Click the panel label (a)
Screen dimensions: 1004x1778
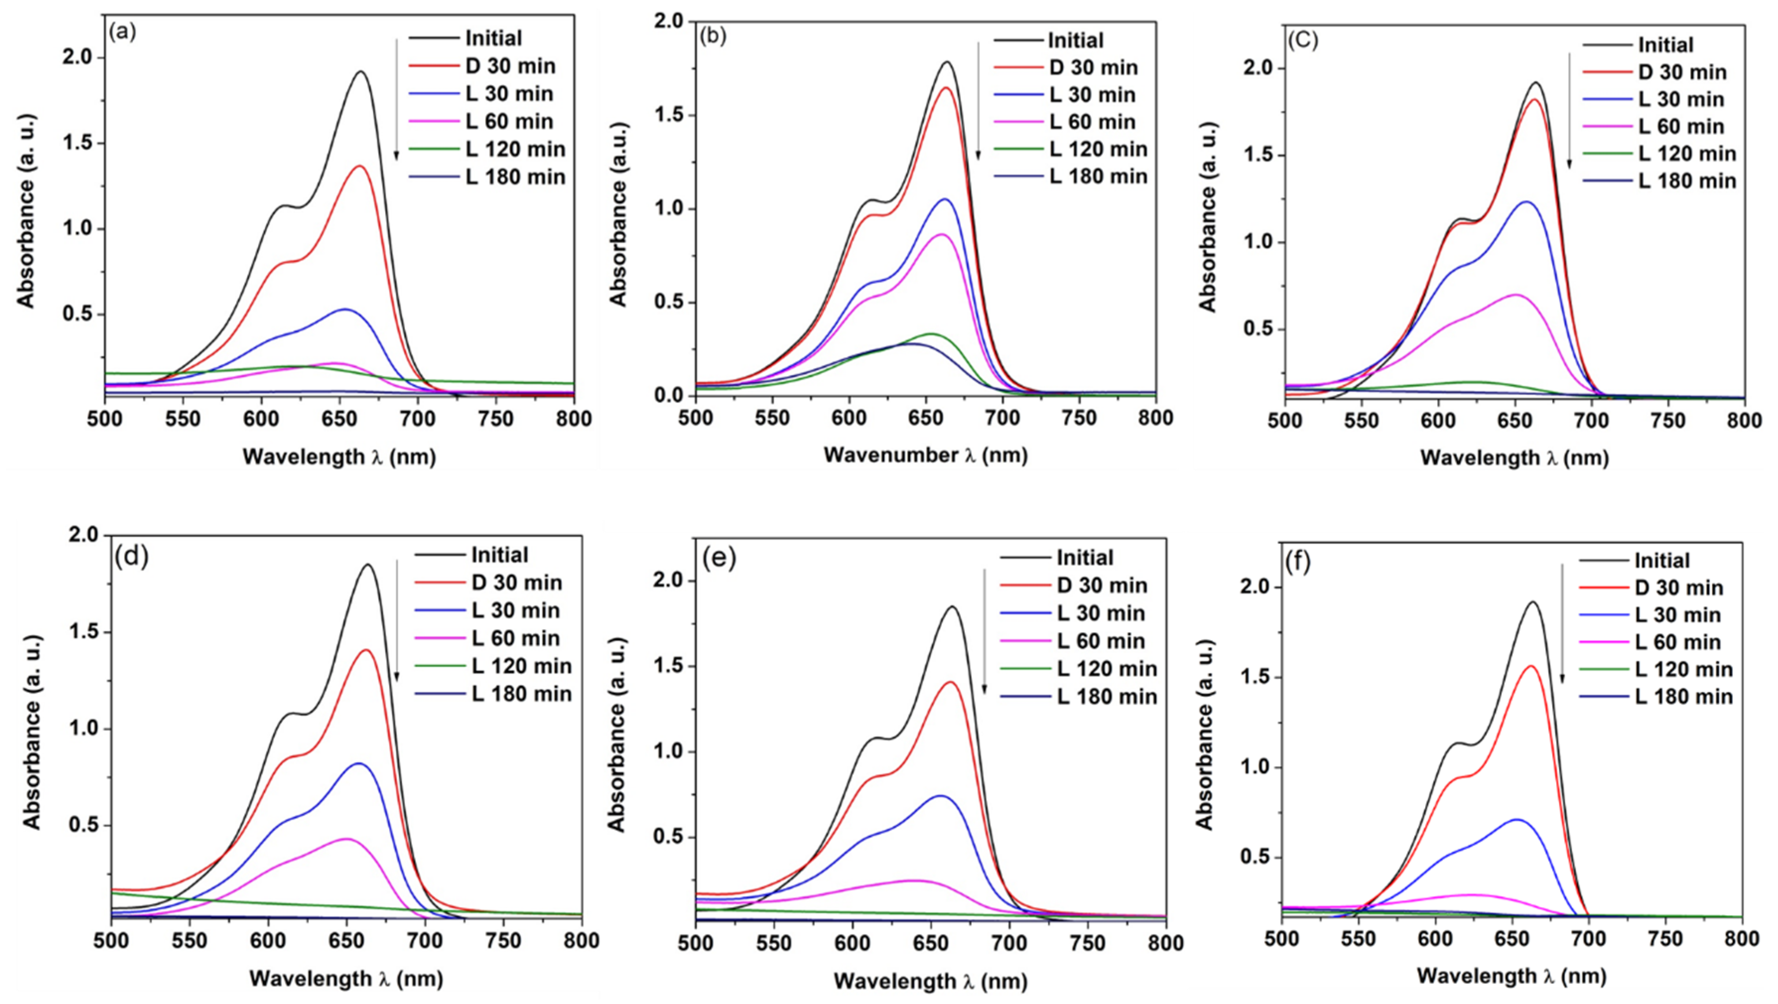(123, 32)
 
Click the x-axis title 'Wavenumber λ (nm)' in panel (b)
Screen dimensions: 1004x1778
(925, 455)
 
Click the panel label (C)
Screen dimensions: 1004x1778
(1303, 40)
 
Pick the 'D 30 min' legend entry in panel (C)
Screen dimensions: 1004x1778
(1682, 72)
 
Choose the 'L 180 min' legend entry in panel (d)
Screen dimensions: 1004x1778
(521, 693)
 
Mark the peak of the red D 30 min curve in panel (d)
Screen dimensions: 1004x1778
(366, 649)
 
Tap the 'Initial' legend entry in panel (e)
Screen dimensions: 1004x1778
(1084, 557)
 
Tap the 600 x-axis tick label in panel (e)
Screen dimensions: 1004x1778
(853, 943)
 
